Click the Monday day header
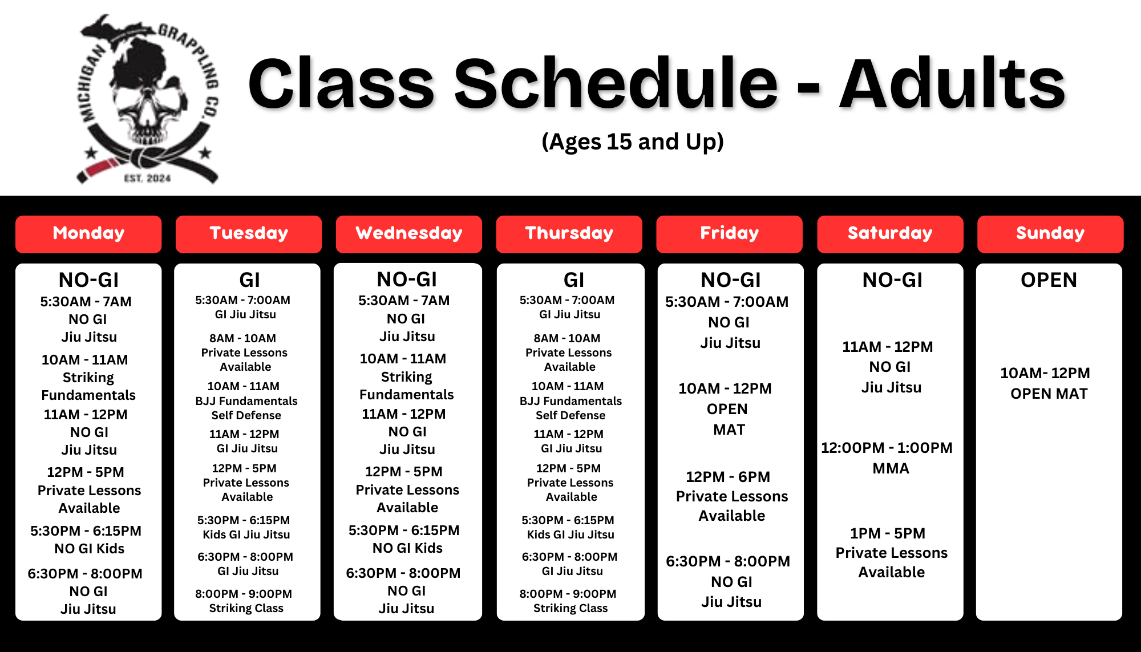(88, 234)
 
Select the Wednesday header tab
(409, 234)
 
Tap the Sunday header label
(1050, 234)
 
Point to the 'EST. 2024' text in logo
(148, 179)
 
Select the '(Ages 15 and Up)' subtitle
(633, 141)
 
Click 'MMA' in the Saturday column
(891, 468)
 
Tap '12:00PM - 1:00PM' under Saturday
(887, 448)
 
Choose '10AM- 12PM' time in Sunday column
(1045, 373)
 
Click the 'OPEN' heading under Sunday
(1049, 280)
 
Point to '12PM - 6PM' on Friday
(728, 477)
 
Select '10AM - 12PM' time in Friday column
(725, 388)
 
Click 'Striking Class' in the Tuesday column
(246, 608)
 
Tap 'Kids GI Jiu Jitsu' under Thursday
(570, 534)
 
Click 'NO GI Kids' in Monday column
(90, 549)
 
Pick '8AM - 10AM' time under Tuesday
(243, 338)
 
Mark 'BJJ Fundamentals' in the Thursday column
(570, 401)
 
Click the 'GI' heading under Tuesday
(250, 280)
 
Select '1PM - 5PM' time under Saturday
(888, 533)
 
